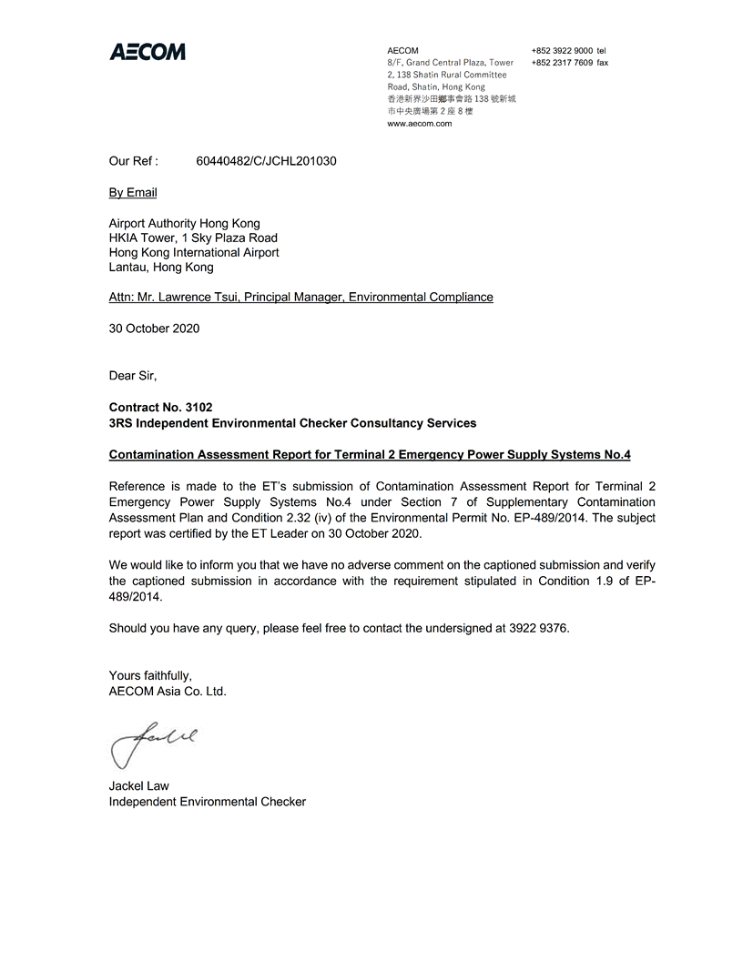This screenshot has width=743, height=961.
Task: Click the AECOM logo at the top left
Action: [x=148, y=52]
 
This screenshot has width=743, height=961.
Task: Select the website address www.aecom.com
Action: [x=420, y=124]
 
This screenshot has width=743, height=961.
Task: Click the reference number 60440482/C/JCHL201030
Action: [x=266, y=161]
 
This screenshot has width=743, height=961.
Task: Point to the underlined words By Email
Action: [x=133, y=192]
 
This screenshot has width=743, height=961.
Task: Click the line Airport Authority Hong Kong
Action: [x=184, y=223]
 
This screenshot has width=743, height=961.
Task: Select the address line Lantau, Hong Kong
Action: [x=161, y=268]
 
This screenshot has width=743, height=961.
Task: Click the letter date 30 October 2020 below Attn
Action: [x=154, y=329]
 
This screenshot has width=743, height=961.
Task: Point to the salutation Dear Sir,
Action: [x=133, y=375]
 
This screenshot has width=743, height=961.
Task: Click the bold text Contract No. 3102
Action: [x=160, y=408]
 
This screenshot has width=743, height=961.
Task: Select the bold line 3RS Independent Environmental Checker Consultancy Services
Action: [x=292, y=423]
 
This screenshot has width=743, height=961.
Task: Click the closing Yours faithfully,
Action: [x=150, y=675]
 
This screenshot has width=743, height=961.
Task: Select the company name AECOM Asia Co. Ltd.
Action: [x=168, y=691]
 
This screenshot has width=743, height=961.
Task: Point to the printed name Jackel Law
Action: [x=139, y=786]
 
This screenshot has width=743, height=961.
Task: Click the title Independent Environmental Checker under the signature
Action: [x=208, y=802]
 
